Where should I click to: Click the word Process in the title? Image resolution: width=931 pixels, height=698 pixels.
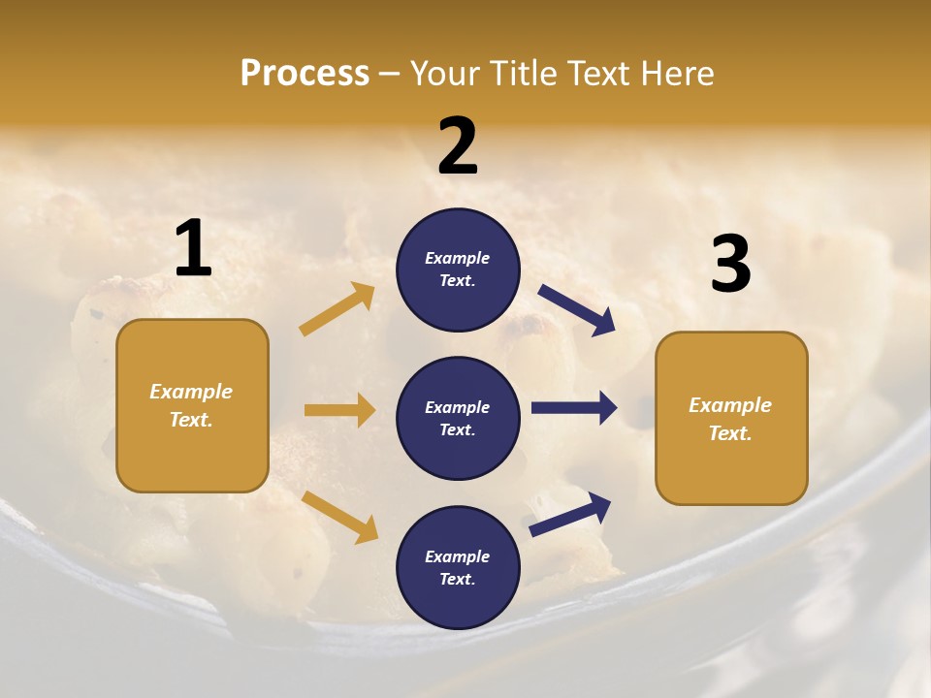pyautogui.click(x=305, y=73)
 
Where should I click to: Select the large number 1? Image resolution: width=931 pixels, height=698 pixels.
pyautogui.click(x=193, y=249)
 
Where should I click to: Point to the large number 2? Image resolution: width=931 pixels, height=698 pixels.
pyautogui.click(x=458, y=146)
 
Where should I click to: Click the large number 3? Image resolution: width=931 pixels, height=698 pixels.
pyautogui.click(x=730, y=264)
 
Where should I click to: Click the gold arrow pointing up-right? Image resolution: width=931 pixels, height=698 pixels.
pyautogui.click(x=337, y=309)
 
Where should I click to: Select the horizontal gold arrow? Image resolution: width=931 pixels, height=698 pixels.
pyautogui.click(x=339, y=410)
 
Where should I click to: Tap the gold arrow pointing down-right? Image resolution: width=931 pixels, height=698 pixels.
pyautogui.click(x=339, y=517)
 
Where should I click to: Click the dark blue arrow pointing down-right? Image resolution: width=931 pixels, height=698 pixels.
pyautogui.click(x=576, y=309)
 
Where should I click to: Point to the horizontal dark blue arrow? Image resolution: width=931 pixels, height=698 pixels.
pyautogui.click(x=574, y=408)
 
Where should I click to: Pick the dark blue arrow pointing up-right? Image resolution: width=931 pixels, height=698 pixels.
pyautogui.click(x=570, y=515)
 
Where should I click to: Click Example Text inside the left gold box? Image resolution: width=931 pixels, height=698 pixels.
pyautogui.click(x=191, y=405)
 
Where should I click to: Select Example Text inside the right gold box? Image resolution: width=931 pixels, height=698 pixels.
pyautogui.click(x=730, y=419)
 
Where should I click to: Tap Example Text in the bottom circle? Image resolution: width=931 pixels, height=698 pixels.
pyautogui.click(x=458, y=568)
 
